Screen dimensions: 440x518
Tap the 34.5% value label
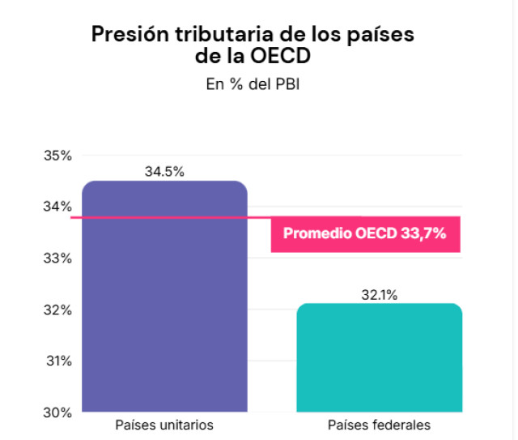[164, 172]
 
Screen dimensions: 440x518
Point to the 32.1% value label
[379, 295]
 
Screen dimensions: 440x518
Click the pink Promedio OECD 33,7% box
[365, 234]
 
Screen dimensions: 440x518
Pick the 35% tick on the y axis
[57, 156]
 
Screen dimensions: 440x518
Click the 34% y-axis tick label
[57, 207]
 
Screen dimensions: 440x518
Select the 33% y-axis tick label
[57, 258]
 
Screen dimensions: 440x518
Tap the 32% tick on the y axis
[57, 310]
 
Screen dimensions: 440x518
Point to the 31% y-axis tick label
[57, 361]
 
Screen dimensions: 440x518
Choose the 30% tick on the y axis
[57, 412]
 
